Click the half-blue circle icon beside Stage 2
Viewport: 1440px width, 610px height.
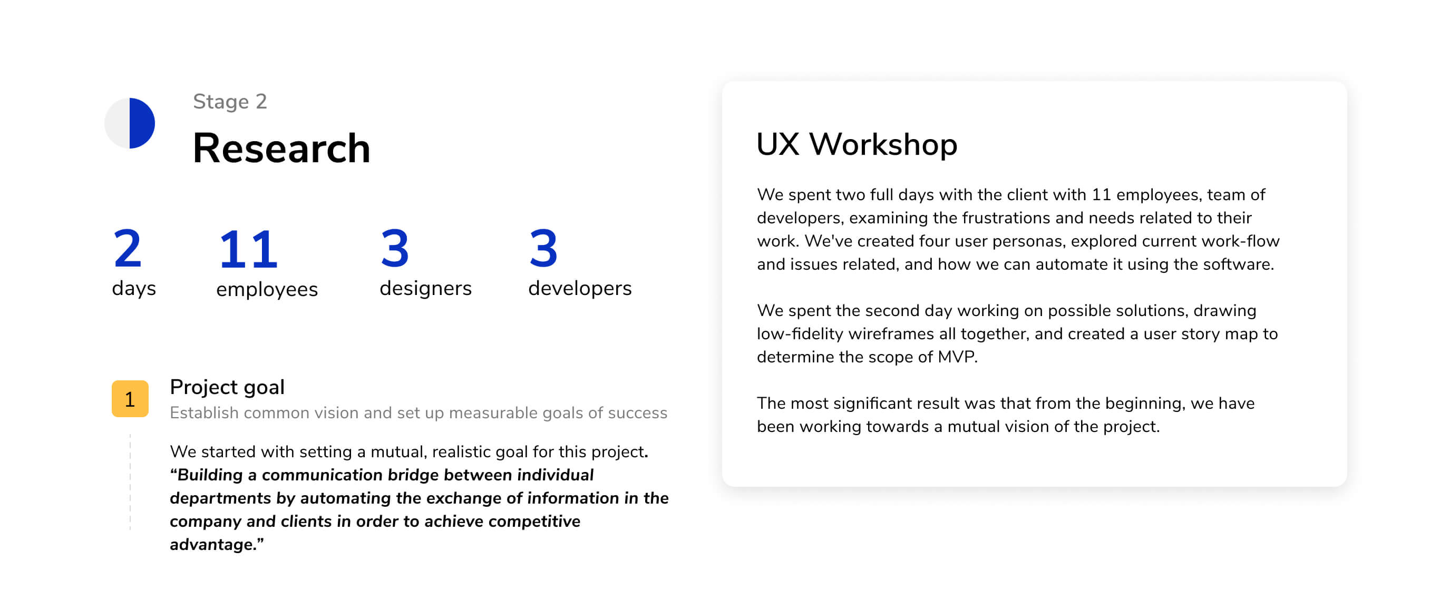(130, 123)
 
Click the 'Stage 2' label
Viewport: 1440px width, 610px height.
(230, 102)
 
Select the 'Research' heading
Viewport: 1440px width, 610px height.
(281, 149)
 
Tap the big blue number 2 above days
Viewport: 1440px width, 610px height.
(128, 248)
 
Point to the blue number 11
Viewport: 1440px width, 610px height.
(248, 249)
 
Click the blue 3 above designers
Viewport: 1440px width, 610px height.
(395, 248)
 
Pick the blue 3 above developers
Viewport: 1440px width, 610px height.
(543, 248)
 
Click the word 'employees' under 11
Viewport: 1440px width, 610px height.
(267, 289)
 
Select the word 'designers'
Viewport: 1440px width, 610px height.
(425, 288)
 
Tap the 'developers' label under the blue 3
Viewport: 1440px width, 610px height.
(580, 288)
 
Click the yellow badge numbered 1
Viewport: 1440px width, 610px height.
(130, 399)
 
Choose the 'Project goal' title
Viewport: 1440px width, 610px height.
(227, 387)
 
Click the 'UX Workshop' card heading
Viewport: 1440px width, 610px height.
(857, 144)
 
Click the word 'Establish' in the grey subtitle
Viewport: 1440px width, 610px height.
(204, 413)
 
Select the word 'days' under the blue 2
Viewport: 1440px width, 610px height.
(133, 288)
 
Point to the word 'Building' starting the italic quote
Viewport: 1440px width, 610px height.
(210, 475)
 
